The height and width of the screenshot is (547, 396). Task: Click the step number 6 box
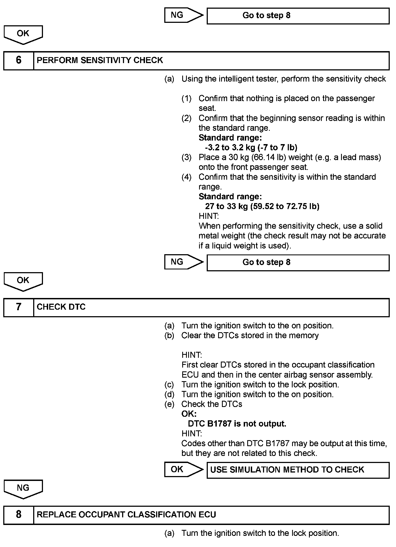pyautogui.click(x=18, y=60)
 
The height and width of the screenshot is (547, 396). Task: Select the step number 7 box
pyautogui.click(x=18, y=307)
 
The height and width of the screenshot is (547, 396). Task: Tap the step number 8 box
pyautogui.click(x=18, y=515)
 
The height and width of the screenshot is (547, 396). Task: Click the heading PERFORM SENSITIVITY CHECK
pyautogui.click(x=100, y=60)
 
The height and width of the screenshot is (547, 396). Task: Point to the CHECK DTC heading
pyautogui.click(x=61, y=307)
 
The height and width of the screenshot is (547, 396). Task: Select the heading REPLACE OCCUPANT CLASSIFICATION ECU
pyautogui.click(x=126, y=515)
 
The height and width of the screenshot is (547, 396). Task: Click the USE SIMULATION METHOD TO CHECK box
pyautogui.click(x=298, y=470)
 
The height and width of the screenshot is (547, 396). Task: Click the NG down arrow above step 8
pyautogui.click(x=23, y=489)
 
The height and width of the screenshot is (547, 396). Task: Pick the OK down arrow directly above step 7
pyautogui.click(x=23, y=281)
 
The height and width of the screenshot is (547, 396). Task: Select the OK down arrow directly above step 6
pyautogui.click(x=23, y=34)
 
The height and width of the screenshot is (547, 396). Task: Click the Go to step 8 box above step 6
pyautogui.click(x=298, y=16)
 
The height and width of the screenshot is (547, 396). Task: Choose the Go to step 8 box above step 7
pyautogui.click(x=298, y=262)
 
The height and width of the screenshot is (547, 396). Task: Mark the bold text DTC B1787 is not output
pyautogui.click(x=237, y=424)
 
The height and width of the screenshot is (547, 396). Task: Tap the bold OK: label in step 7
pyautogui.click(x=189, y=414)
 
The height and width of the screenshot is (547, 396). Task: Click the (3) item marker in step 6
pyautogui.click(x=187, y=157)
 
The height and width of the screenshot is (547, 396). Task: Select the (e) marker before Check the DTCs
pyautogui.click(x=169, y=404)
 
